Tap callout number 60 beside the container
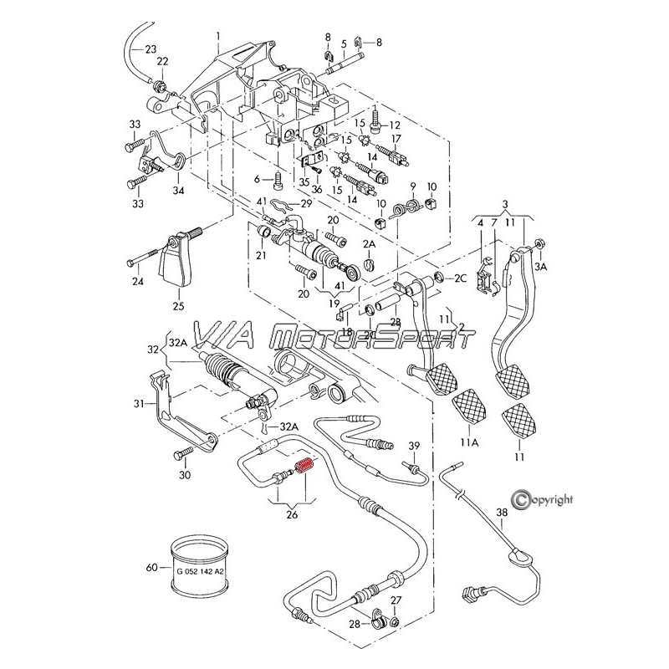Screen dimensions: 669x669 (151, 568)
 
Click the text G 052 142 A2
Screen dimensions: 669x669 (200, 571)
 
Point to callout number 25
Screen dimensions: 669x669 (178, 306)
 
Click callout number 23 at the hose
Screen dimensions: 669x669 (151, 49)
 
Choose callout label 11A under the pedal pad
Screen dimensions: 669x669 (468, 442)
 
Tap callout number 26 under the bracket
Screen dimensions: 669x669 (292, 514)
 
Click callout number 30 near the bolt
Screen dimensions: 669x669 (185, 475)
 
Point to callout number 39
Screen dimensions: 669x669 (414, 444)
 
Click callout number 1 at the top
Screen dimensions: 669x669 (217, 35)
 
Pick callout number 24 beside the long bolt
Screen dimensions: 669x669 (138, 281)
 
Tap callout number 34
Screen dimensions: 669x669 (177, 191)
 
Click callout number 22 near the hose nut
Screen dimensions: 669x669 (162, 61)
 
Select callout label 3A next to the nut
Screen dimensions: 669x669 (542, 266)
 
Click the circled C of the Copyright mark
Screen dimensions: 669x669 (523, 499)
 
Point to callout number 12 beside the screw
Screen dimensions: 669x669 (396, 125)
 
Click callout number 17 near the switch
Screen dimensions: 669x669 (397, 139)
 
